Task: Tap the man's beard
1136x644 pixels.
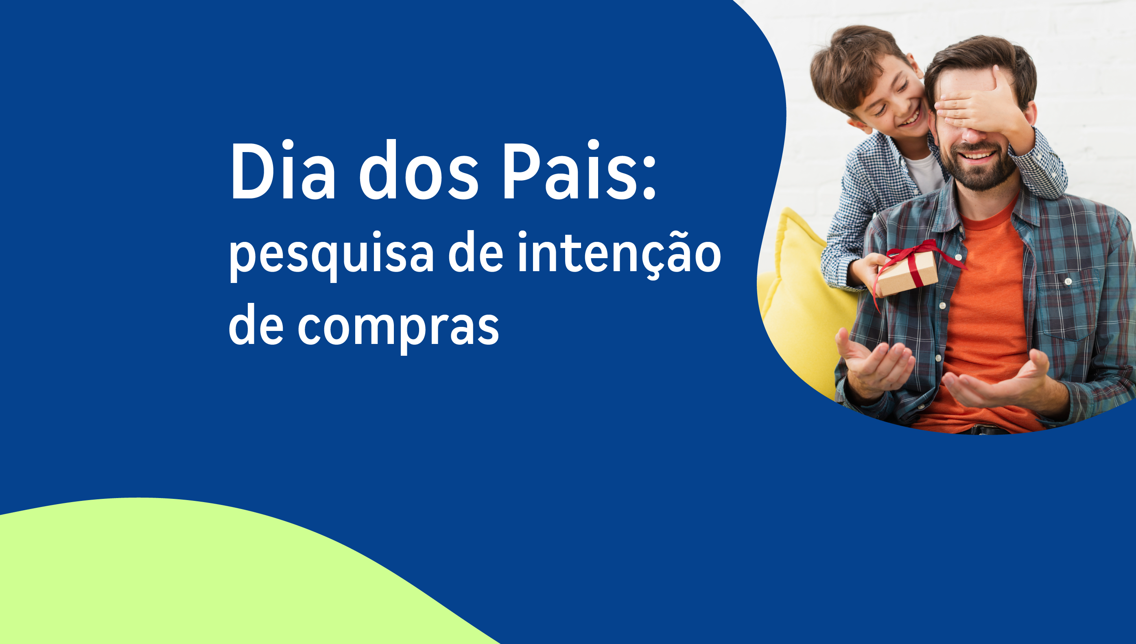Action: coord(980,170)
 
